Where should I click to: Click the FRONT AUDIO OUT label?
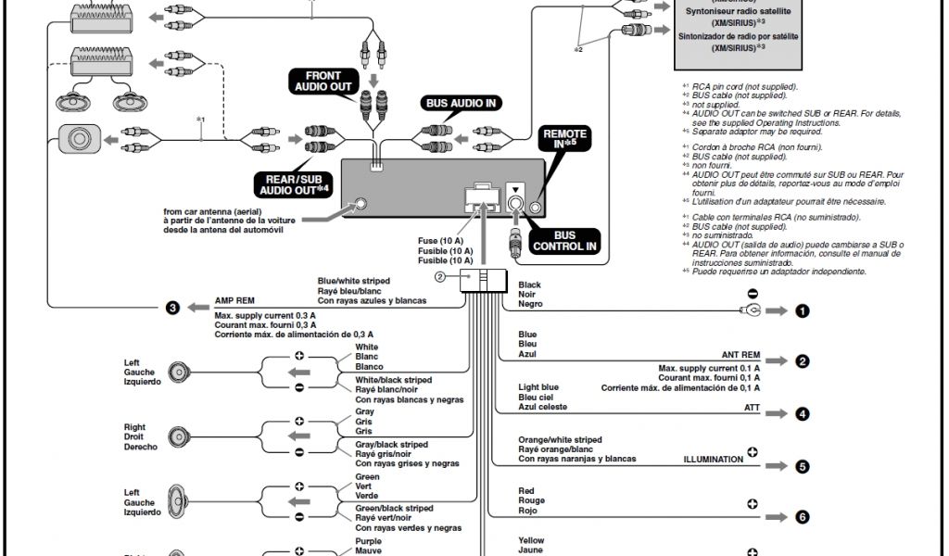coord(317,82)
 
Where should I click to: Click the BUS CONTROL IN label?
coord(563,242)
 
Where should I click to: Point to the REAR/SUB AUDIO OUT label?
coord(296,183)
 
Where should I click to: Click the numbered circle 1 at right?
coord(803,311)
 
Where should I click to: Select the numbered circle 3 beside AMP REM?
coord(171,308)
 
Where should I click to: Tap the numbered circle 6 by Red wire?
coord(803,517)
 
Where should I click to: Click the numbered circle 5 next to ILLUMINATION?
coord(803,467)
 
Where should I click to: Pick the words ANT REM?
coord(740,355)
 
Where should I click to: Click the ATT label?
coord(752,407)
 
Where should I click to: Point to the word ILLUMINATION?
coord(714,459)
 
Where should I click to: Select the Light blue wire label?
coord(538,386)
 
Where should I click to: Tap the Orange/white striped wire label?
coord(560,439)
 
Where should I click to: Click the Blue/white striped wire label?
coord(353,281)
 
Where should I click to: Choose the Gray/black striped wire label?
coord(392,444)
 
